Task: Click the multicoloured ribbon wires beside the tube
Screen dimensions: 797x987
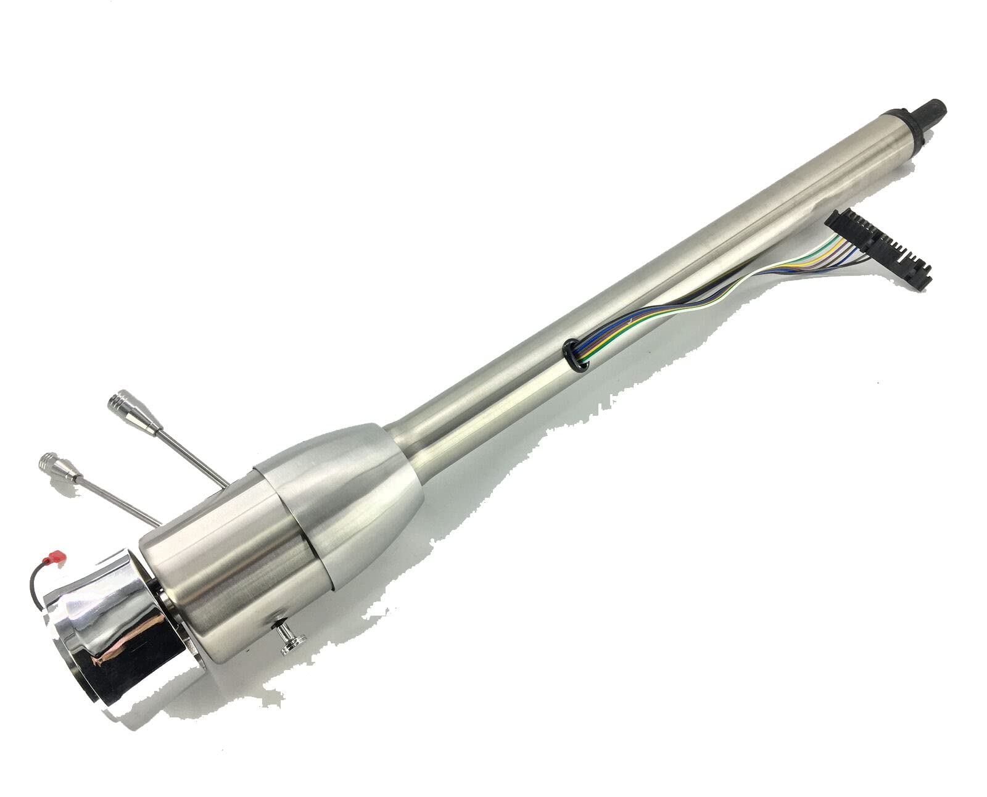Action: pos(709,290)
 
